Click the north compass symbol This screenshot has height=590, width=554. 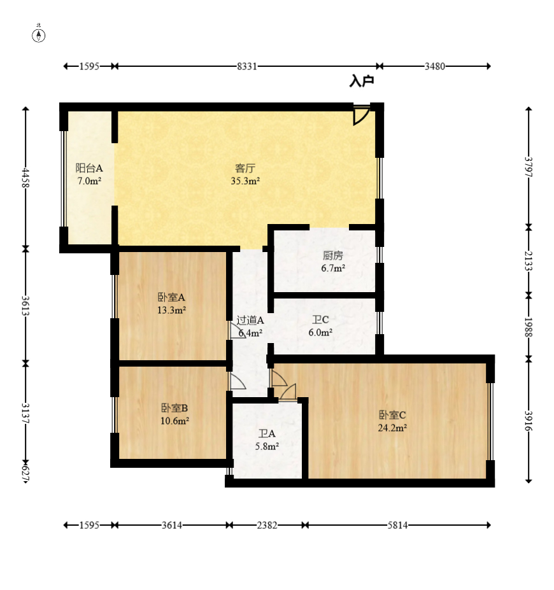38,34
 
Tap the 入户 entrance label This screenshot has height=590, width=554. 361,81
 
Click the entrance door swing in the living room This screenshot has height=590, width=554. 361,115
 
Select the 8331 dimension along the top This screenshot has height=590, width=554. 247,66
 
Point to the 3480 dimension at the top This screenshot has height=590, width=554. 435,66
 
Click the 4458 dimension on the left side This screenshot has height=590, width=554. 25,178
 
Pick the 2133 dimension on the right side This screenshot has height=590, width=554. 529,261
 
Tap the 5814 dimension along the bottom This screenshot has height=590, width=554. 397,525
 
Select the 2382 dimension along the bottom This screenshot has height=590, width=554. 267,525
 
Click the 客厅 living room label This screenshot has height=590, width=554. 245,168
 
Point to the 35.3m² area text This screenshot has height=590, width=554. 245,181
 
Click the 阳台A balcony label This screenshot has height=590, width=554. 89,168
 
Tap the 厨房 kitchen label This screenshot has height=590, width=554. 333,255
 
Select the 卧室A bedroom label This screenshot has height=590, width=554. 171,297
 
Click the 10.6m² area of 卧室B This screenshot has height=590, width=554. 174,421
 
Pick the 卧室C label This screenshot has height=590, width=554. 392,415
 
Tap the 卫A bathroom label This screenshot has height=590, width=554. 267,434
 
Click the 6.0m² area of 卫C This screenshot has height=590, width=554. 320,333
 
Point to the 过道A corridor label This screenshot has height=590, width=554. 250,320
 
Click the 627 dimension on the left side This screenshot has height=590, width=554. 25,474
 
